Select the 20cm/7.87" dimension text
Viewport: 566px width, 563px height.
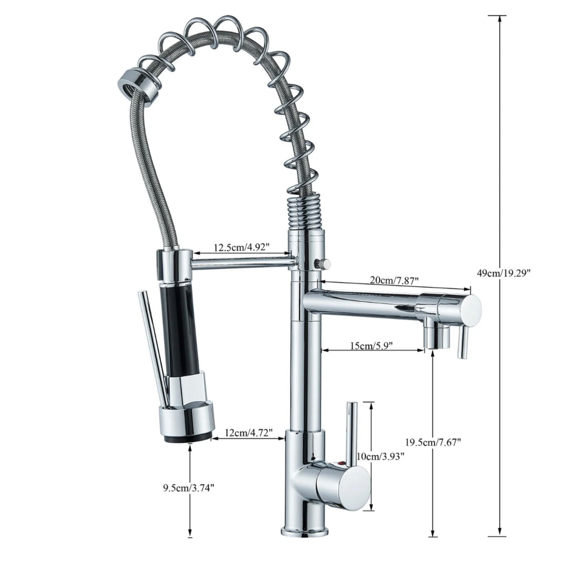[394, 281]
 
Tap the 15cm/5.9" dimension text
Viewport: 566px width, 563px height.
[371, 345]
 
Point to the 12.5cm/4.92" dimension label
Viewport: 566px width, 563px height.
[242, 247]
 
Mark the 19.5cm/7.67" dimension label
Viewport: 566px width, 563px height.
[434, 442]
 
